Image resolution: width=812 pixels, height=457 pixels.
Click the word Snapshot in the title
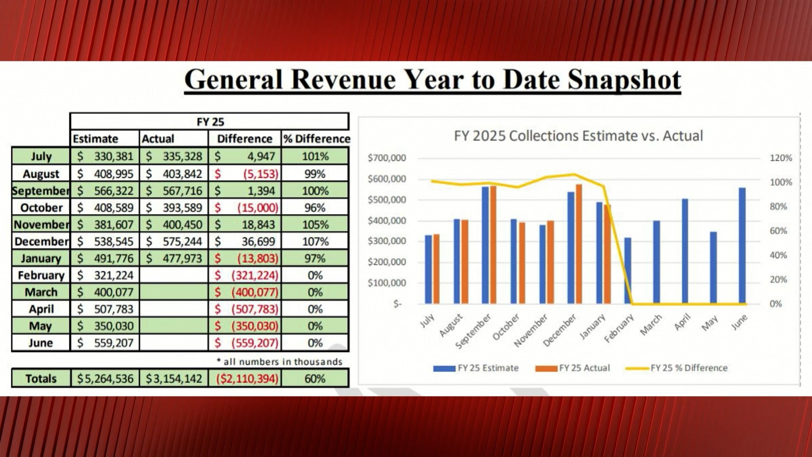624,80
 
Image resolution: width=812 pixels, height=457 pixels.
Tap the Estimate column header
96,139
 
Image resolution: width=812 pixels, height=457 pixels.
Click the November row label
41,224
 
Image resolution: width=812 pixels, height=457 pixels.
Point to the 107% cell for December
315,241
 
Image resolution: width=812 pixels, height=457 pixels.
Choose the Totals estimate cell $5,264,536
105,378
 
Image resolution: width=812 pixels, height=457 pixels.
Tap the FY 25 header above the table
210,122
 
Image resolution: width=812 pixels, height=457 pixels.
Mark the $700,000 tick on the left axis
387,158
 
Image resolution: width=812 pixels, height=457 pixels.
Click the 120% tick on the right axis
781,158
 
